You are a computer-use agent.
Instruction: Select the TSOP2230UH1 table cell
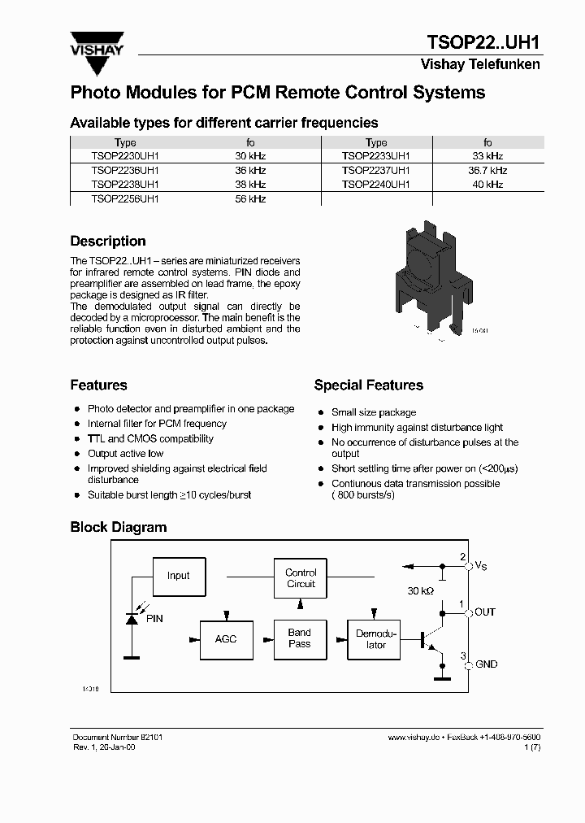[x=125, y=155]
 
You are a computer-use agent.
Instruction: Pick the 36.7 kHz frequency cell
[x=487, y=170]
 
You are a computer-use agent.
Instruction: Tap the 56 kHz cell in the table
[x=250, y=198]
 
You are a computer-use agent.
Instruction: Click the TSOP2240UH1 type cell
[x=376, y=185]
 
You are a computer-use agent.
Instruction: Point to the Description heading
[x=108, y=242]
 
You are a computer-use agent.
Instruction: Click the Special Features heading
[x=368, y=385]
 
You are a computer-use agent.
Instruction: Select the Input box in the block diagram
[x=179, y=576]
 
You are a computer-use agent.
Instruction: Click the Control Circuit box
[x=301, y=578]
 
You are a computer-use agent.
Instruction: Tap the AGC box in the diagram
[x=226, y=639]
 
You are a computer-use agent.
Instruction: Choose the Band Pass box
[x=300, y=638]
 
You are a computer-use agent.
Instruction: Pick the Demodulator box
[x=376, y=639]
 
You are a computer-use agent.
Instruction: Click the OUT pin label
[x=485, y=612]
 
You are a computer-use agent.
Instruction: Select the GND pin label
[x=486, y=664]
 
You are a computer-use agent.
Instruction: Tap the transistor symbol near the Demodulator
[x=431, y=638]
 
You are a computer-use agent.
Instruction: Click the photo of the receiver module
[x=431, y=277]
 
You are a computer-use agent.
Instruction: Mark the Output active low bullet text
[x=125, y=454]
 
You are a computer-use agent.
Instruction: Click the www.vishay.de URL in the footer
[x=413, y=737]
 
